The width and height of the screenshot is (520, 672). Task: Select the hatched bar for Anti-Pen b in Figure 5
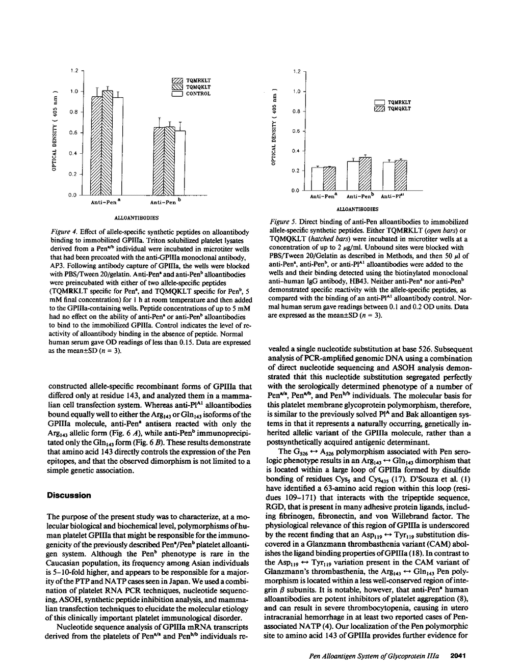click(365, 173)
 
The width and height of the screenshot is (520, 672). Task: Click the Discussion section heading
click(69, 495)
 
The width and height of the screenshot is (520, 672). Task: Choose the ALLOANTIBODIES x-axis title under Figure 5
click(357, 209)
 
